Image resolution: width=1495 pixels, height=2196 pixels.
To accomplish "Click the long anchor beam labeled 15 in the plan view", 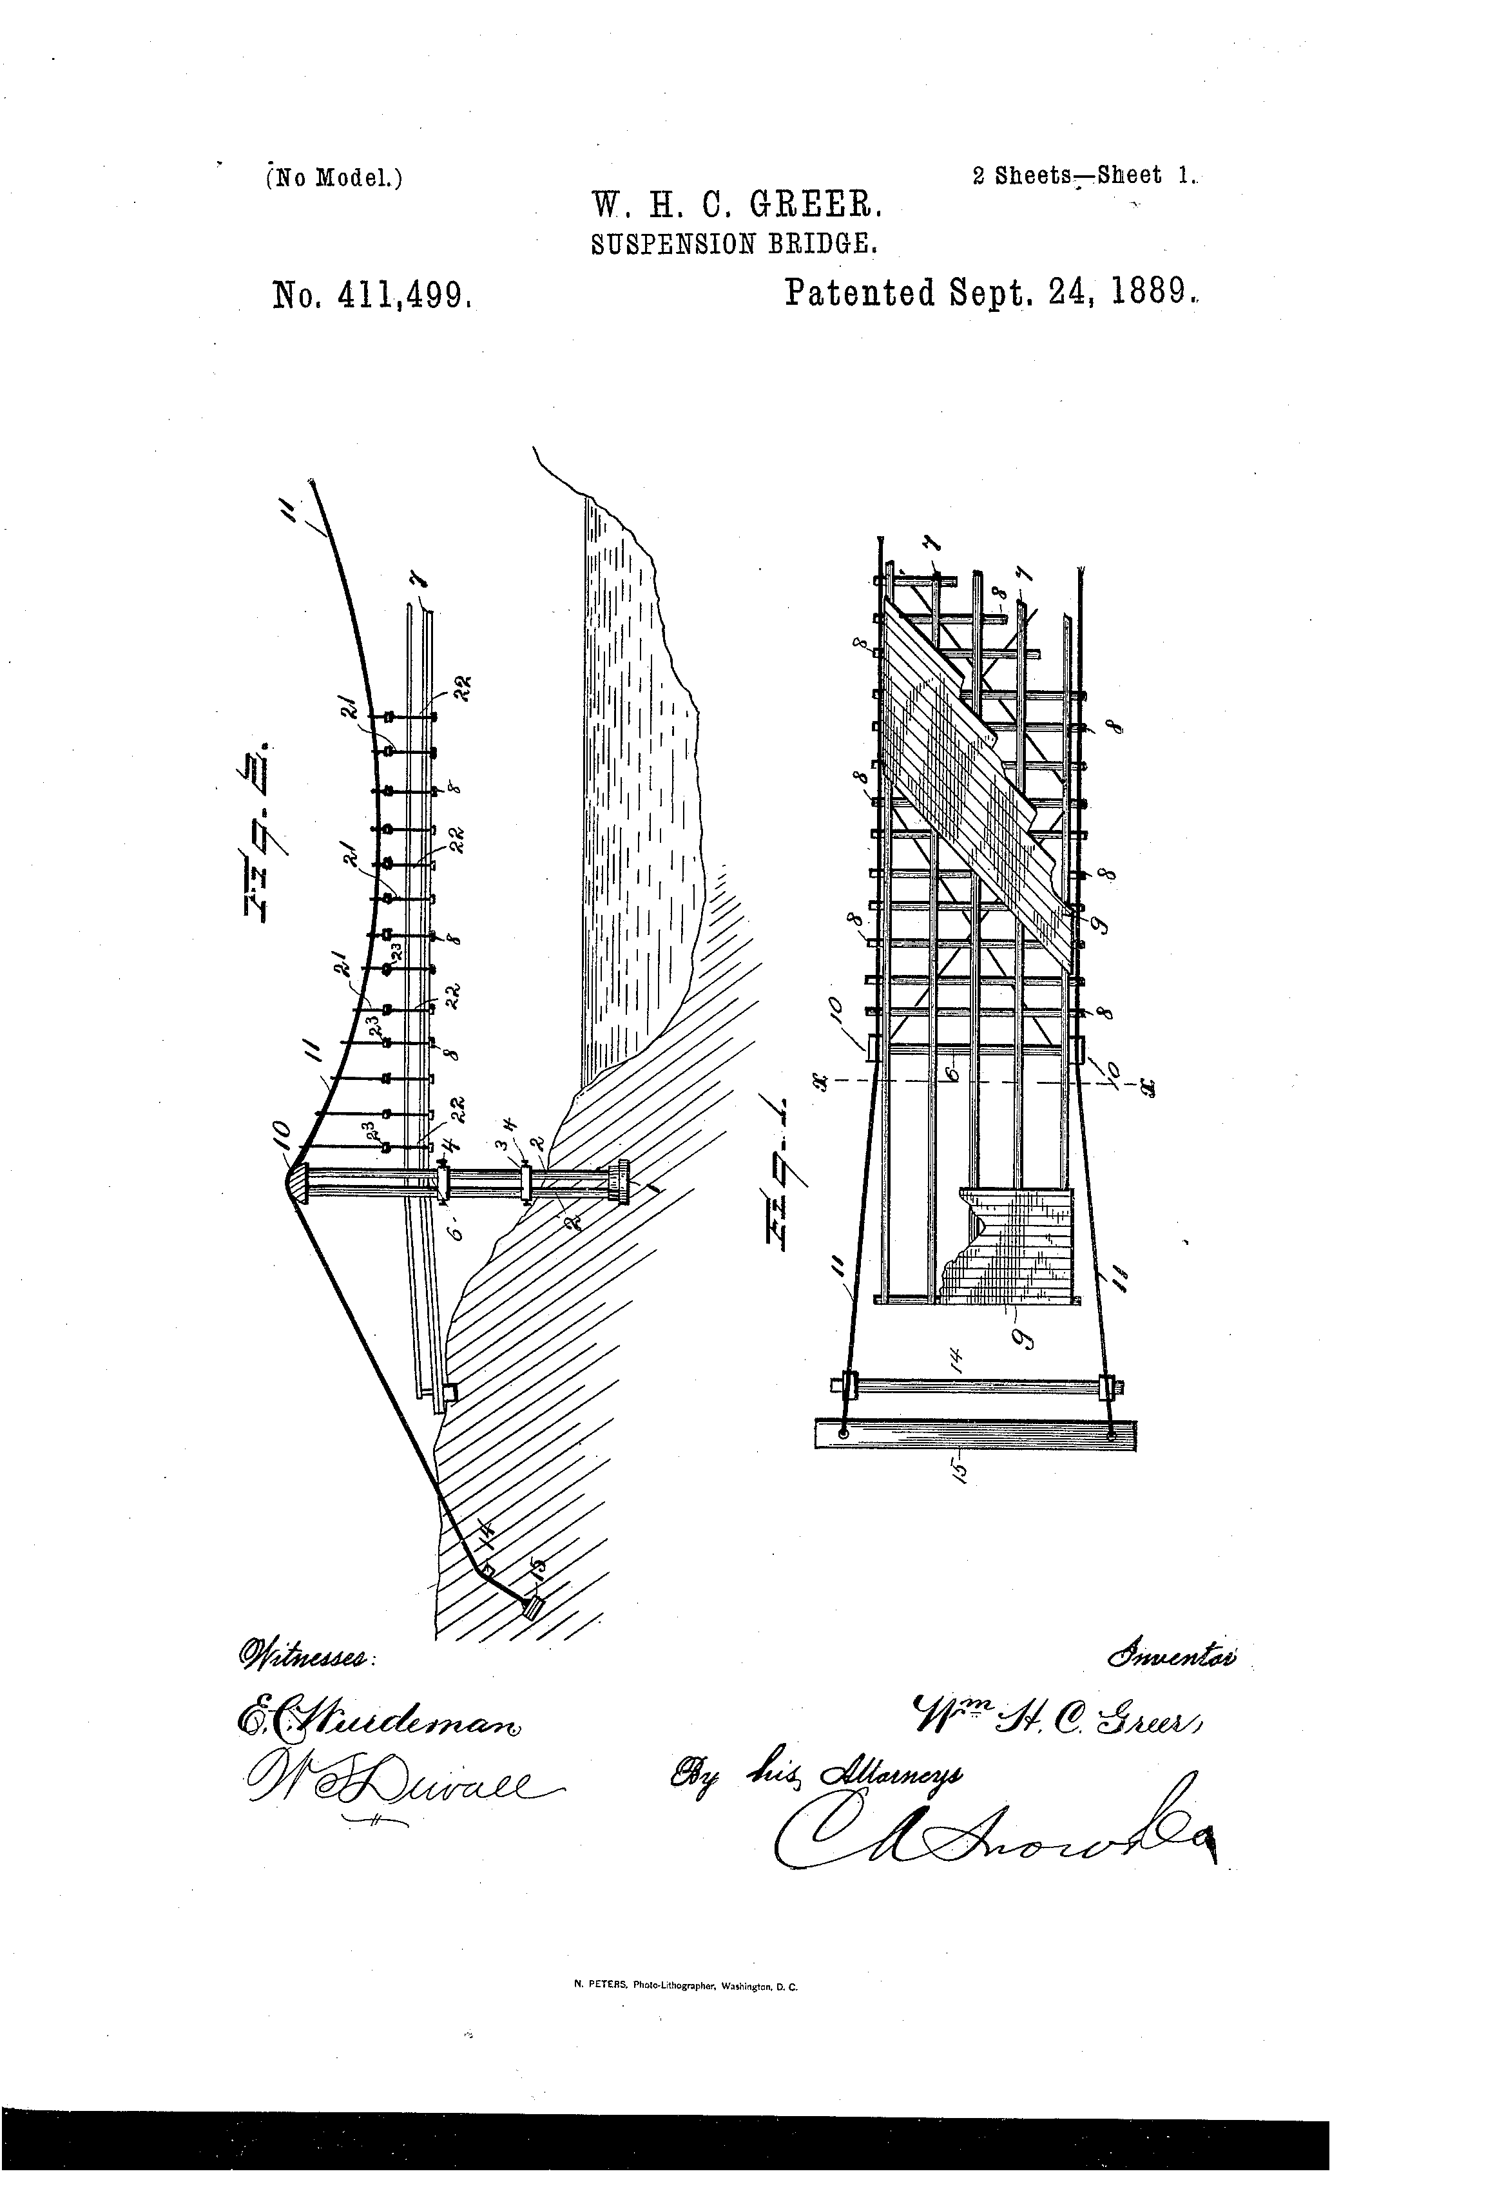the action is (x=975, y=1434).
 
